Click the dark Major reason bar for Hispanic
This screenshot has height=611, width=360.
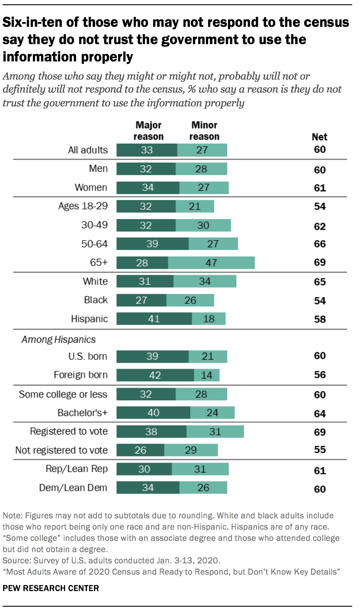(154, 319)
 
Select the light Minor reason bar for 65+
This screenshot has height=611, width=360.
(211, 262)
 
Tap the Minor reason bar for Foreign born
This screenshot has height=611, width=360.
(206, 375)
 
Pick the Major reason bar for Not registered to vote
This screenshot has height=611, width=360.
(140, 450)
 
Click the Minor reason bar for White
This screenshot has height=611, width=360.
(205, 281)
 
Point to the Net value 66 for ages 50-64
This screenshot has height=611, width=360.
(320, 244)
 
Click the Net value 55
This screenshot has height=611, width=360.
(320, 450)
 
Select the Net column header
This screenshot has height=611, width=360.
(320, 137)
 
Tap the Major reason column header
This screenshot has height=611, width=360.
(148, 131)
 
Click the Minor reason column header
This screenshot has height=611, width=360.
(205, 131)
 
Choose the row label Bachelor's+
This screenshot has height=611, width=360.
(83, 413)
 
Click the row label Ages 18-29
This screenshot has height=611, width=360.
(83, 206)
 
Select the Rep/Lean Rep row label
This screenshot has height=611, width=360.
(77, 469)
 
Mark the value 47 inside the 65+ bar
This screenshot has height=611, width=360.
(211, 262)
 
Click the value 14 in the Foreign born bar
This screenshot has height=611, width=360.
(206, 375)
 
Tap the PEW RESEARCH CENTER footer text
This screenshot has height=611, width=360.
(51, 588)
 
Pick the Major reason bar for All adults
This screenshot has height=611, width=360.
(147, 150)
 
